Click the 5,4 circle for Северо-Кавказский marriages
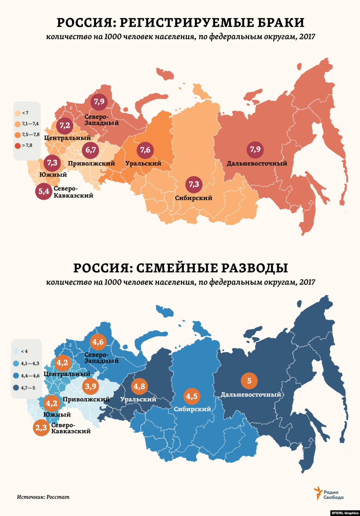(44, 192)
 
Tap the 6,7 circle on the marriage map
(91, 150)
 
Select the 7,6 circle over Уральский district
(145, 150)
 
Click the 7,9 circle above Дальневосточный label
(255, 149)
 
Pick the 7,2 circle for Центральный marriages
(65, 126)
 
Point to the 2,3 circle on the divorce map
(41, 428)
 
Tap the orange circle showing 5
(249, 381)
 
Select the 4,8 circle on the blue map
(139, 387)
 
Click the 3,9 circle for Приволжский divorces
(91, 387)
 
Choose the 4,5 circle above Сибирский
(192, 397)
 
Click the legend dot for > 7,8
(18, 146)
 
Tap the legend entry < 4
(21, 351)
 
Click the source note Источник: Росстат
(43, 497)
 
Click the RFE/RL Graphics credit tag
(345, 513)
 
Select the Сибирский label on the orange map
(194, 198)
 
